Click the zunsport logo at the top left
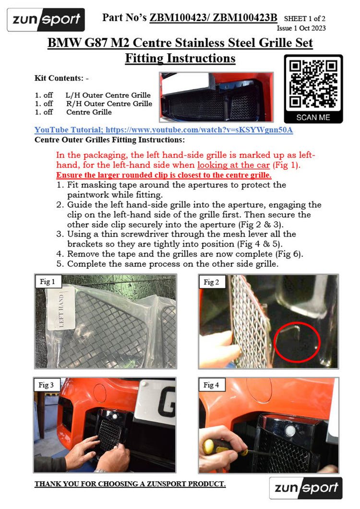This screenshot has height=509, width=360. [46, 20]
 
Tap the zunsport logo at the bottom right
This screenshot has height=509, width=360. [306, 488]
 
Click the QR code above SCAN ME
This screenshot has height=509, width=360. [313, 84]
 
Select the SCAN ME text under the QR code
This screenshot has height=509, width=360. [313, 117]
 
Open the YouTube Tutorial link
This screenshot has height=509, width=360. [164, 130]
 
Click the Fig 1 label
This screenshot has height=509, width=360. [48, 282]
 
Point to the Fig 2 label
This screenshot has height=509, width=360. [212, 282]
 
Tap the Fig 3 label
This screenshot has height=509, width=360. [46, 385]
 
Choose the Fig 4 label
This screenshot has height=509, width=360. [212, 385]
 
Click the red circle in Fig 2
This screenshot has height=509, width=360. [275, 342]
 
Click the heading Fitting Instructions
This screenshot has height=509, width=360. [180, 58]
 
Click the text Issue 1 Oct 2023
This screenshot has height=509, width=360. [301, 28]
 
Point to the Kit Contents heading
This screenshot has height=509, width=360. [62, 78]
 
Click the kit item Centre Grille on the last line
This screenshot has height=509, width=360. [89, 112]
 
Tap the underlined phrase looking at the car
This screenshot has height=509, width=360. [234, 165]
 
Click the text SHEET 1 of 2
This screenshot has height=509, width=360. [305, 19]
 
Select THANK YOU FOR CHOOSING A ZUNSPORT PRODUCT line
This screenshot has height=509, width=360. [130, 484]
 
